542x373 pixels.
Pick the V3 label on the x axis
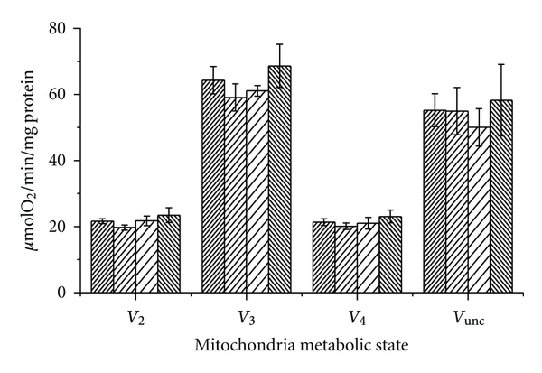point(246,317)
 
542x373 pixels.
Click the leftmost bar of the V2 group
point(102,257)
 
